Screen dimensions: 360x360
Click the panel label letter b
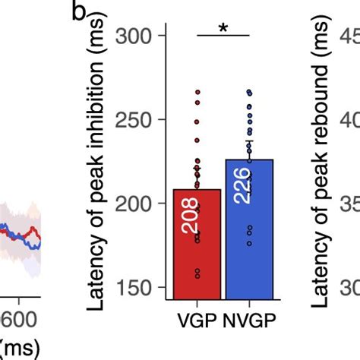82,13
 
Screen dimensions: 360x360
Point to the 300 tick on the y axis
138,36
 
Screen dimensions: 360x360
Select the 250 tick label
138,120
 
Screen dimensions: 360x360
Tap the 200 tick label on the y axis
138,204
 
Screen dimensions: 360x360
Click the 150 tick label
138,287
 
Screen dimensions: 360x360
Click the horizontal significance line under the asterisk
223,36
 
